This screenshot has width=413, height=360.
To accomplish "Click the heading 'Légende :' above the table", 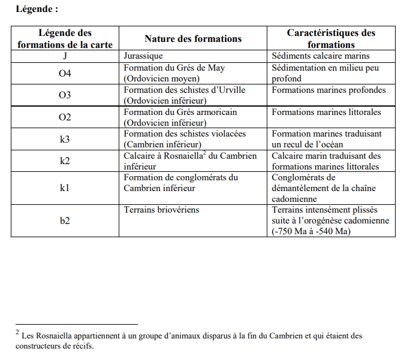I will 37,9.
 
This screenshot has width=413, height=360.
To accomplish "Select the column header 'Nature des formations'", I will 192,38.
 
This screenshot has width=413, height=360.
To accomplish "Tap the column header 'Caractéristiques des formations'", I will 331,38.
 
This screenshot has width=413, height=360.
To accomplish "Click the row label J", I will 65,56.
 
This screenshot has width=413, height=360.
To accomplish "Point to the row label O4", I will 65,73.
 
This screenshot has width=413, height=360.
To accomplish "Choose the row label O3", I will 65,95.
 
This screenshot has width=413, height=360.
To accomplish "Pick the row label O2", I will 65,117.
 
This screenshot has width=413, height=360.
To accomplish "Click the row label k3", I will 65,139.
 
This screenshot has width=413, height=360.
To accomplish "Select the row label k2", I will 65,161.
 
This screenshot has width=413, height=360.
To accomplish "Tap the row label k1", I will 65,188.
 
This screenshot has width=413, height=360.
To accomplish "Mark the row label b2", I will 65,220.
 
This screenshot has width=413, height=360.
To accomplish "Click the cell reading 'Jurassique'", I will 143,56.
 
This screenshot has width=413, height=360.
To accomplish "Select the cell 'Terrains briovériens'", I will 161,210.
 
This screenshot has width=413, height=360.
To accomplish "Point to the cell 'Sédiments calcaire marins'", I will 321,56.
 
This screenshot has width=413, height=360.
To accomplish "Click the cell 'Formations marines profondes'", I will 328,90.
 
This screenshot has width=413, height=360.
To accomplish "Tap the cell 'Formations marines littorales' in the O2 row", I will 326,113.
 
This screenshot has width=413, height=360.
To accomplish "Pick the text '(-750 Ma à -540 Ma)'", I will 311,231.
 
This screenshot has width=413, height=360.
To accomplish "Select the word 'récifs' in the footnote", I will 82,346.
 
